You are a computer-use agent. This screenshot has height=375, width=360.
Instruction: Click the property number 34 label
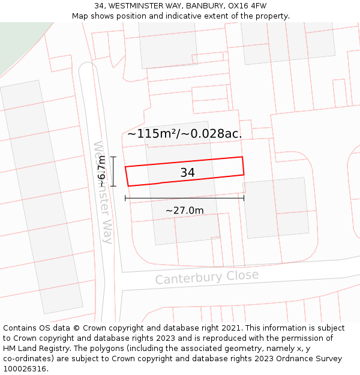[x=187, y=173]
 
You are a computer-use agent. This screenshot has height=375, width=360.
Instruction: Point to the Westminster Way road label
[x=103, y=192]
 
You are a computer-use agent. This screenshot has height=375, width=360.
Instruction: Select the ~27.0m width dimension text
[x=184, y=211]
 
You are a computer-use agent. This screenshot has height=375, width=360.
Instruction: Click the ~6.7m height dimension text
[x=101, y=171]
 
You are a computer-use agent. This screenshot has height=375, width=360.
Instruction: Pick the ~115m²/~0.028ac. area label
[x=184, y=134]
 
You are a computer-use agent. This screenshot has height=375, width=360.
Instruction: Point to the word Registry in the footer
[x=55, y=349]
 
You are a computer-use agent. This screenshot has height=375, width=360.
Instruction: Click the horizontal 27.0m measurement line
[x=180, y=198]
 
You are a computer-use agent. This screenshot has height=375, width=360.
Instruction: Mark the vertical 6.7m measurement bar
[x=113, y=171]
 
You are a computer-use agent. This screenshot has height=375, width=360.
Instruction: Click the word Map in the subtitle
[x=80, y=16]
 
